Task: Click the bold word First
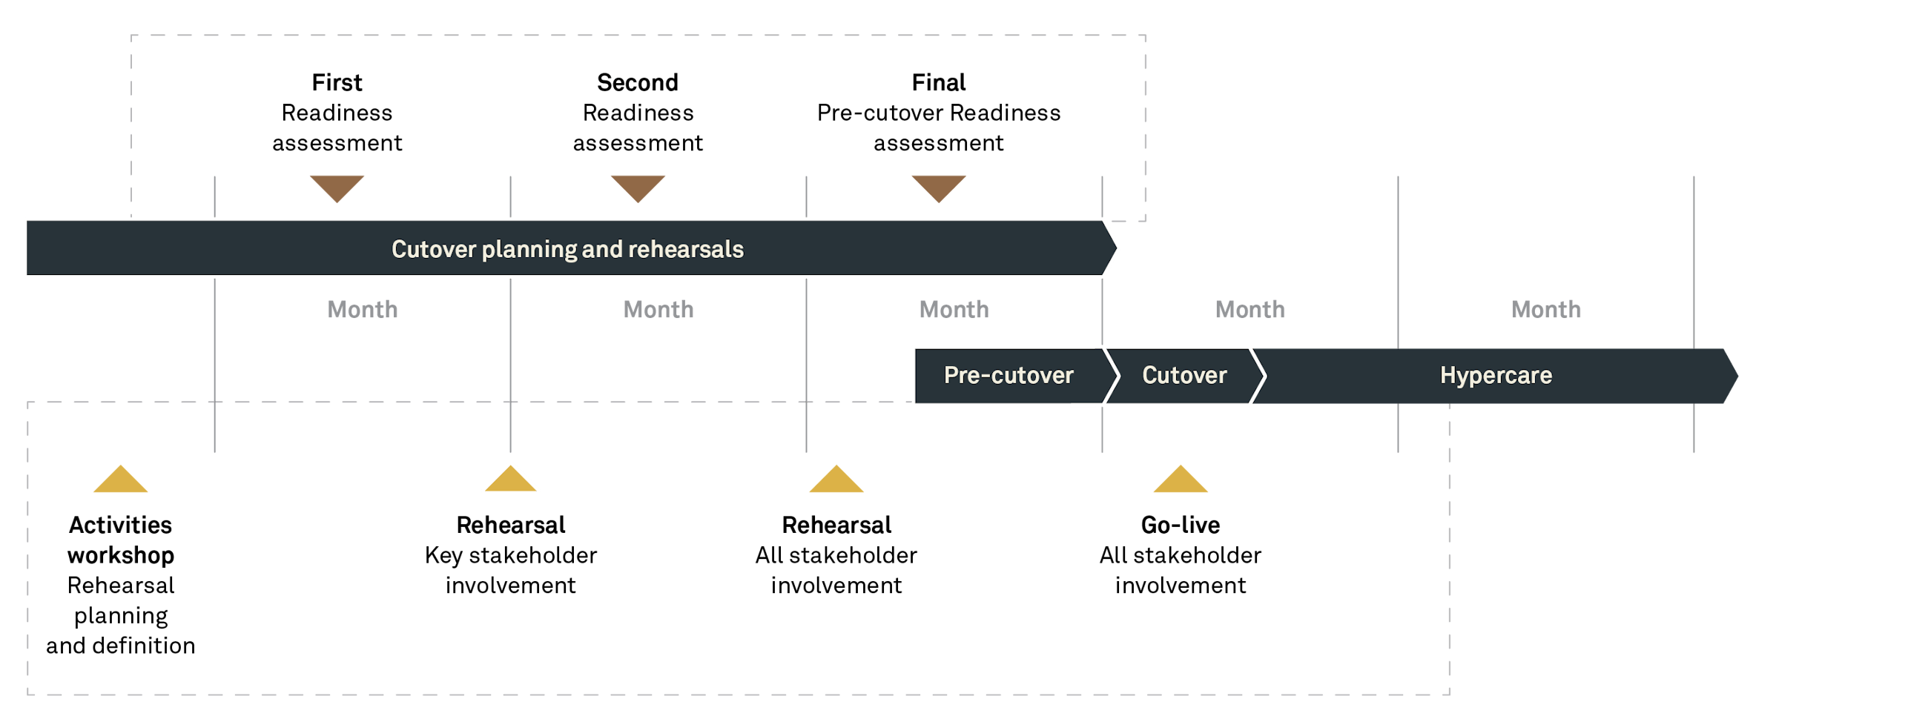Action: pyautogui.click(x=337, y=82)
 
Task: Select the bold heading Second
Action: pyautogui.click(x=638, y=82)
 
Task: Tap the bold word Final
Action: pyautogui.click(x=939, y=82)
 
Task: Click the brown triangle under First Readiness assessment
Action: pyautogui.click(x=337, y=186)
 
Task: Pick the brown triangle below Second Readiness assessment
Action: pyautogui.click(x=638, y=186)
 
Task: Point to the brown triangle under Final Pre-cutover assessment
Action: pyautogui.click(x=939, y=186)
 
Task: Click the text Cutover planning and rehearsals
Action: pyautogui.click(x=567, y=249)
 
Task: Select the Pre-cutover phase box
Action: pyautogui.click(x=1008, y=375)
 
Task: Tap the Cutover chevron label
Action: pyautogui.click(x=1184, y=375)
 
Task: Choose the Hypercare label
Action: pyautogui.click(x=1496, y=375)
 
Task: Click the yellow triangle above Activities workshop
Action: pyautogui.click(x=120, y=481)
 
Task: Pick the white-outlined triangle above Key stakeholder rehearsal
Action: pyautogui.click(x=510, y=480)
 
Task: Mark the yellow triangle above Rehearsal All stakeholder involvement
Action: pyautogui.click(x=836, y=481)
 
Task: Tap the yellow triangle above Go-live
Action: pyautogui.click(x=1181, y=481)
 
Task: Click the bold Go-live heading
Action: pyautogui.click(x=1181, y=526)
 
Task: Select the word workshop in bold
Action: pyautogui.click(x=120, y=555)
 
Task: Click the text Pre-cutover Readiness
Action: pyautogui.click(x=939, y=113)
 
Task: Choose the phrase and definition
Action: pyautogui.click(x=120, y=646)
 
